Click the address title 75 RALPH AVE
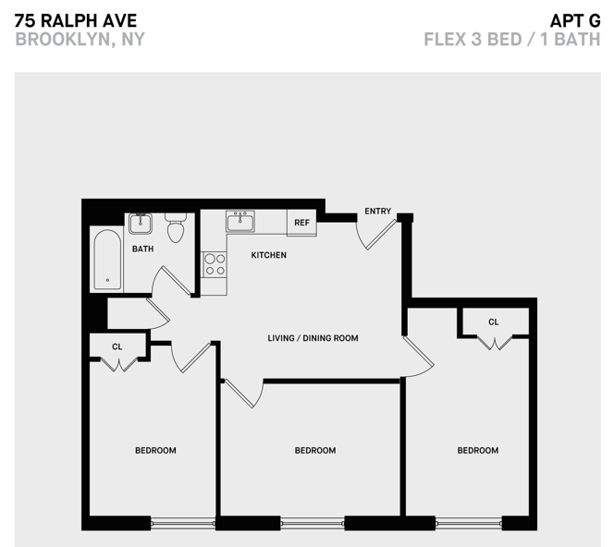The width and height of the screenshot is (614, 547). pyautogui.click(x=76, y=19)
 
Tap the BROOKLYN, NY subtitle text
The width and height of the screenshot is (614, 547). pyautogui.click(x=80, y=40)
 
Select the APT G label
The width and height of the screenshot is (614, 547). pyautogui.click(x=575, y=19)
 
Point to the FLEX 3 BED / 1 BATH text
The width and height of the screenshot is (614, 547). pyautogui.click(x=511, y=40)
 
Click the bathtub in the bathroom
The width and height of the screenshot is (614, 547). pyautogui.click(x=107, y=259)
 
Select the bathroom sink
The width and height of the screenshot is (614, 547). pyautogui.click(x=141, y=223)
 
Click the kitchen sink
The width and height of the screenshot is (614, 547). pyautogui.click(x=241, y=222)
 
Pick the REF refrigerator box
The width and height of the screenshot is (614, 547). pyautogui.click(x=301, y=223)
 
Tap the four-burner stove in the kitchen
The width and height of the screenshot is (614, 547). pyautogui.click(x=215, y=264)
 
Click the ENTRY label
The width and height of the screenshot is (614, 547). pyautogui.click(x=377, y=212)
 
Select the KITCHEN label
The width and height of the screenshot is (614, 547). pyautogui.click(x=269, y=255)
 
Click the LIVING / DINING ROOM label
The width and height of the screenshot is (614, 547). pyautogui.click(x=313, y=338)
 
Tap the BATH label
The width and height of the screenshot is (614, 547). pyautogui.click(x=142, y=249)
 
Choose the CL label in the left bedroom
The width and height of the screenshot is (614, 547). pyautogui.click(x=117, y=346)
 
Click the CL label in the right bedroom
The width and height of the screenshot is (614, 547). pyautogui.click(x=494, y=322)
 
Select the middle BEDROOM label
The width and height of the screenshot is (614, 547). pyautogui.click(x=314, y=451)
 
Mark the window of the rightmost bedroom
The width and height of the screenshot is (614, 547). pyautogui.click(x=468, y=522)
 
